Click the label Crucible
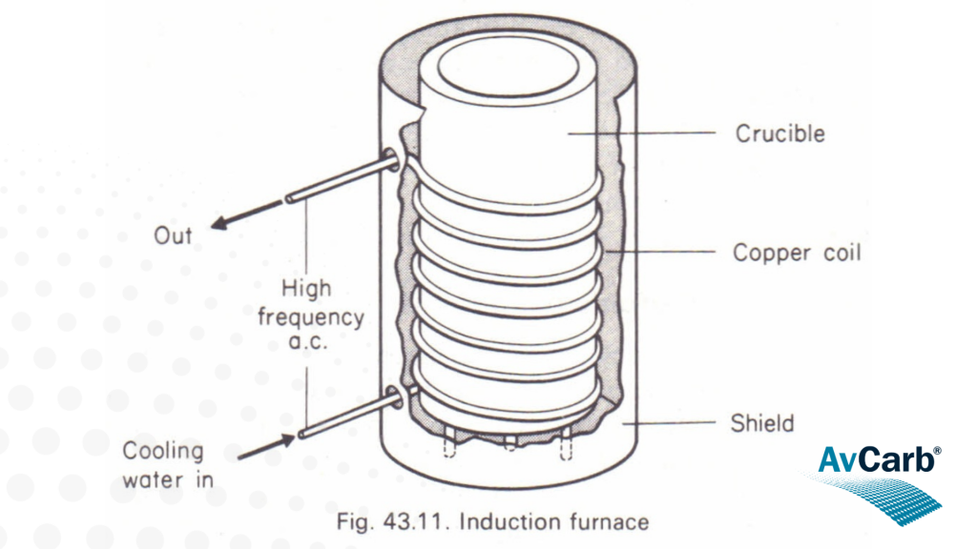coord(779,133)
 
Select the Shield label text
coord(762,422)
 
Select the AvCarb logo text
coord(874,459)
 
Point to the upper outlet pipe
coord(339,181)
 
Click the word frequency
coord(309,315)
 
